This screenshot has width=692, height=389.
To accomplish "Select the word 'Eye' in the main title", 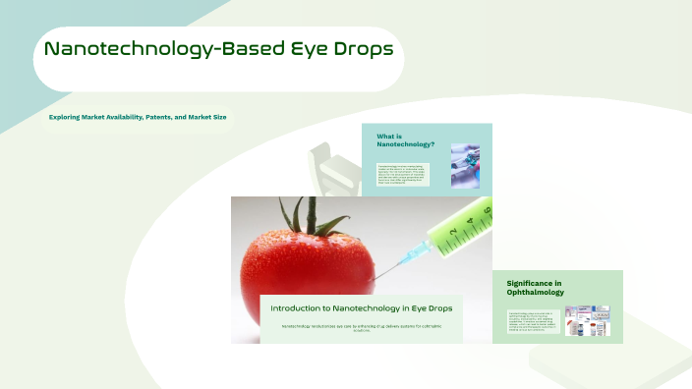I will (x=303, y=49).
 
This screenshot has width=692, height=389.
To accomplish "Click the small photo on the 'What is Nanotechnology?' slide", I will (x=465, y=165).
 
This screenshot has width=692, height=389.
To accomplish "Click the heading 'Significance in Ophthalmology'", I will (x=535, y=287).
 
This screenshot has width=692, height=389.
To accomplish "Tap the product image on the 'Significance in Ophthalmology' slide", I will (x=587, y=320).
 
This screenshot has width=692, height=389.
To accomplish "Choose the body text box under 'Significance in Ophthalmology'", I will (x=534, y=321).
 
